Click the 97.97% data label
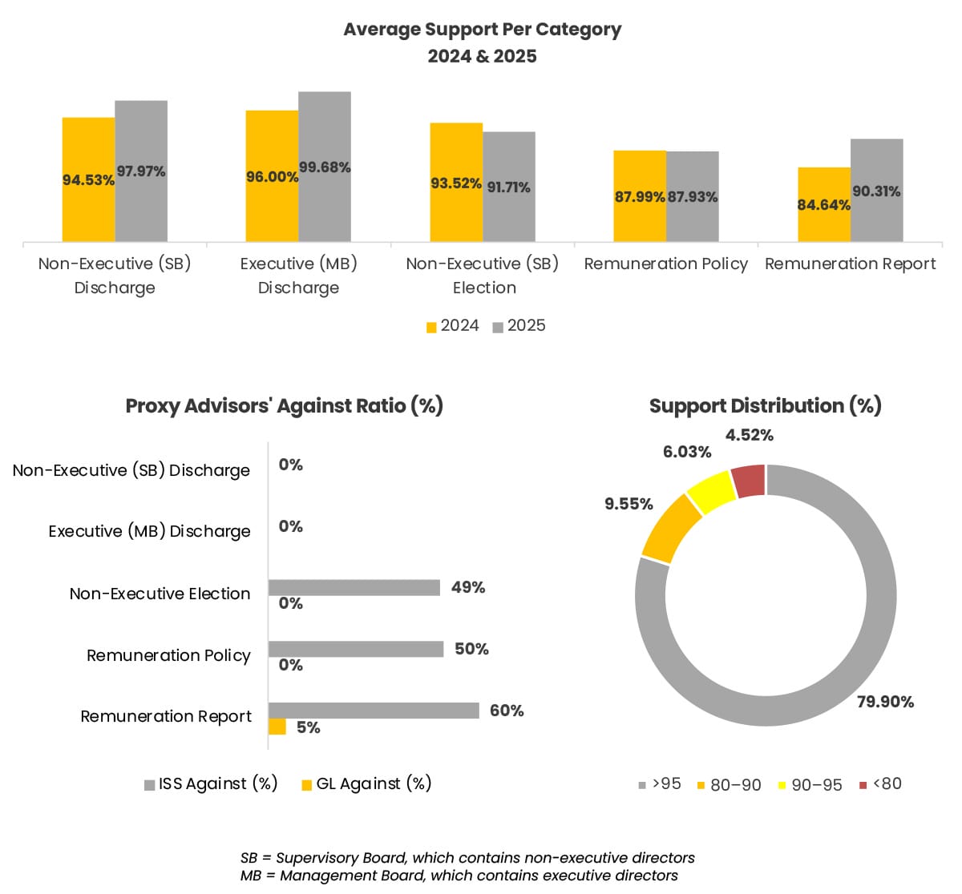point(141,171)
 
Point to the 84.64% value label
point(823,205)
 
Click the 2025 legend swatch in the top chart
point(498,327)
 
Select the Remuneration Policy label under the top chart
point(665,264)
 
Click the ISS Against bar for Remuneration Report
point(374,711)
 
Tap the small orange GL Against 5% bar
point(277,727)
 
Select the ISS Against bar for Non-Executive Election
point(354,588)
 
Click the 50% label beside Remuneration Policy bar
point(471,649)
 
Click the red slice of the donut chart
point(749,481)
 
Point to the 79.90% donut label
point(885,702)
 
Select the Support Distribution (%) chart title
point(765,406)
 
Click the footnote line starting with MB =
point(459,876)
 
